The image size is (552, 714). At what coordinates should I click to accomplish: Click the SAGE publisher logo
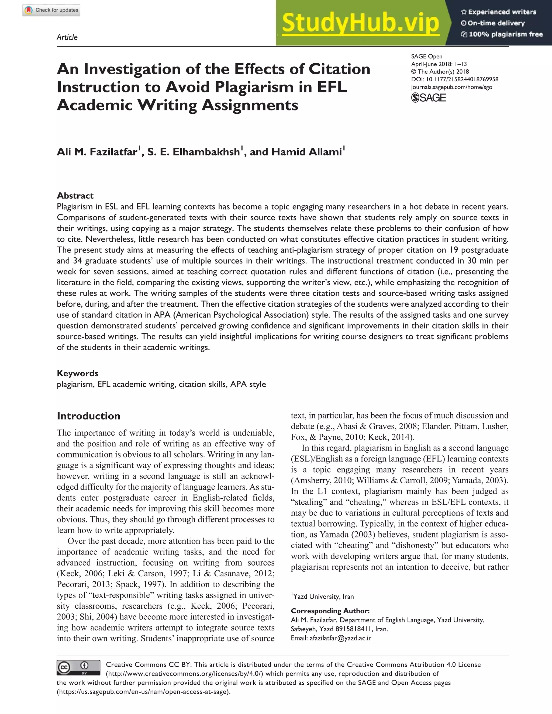pos(428,98)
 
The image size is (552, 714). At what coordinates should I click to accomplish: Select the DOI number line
pos(454,79)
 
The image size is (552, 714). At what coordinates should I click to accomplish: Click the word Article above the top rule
pos(67,37)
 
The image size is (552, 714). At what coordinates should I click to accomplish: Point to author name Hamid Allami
pos(306,152)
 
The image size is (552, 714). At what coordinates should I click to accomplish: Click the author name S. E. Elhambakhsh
pos(193,152)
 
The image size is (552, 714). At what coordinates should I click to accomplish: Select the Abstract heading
pos(75,196)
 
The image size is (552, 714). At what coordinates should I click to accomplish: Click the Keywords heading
pos(78,373)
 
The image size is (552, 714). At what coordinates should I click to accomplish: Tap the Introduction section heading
pos(88,416)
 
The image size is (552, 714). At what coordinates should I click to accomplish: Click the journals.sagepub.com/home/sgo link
pos(451,87)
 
